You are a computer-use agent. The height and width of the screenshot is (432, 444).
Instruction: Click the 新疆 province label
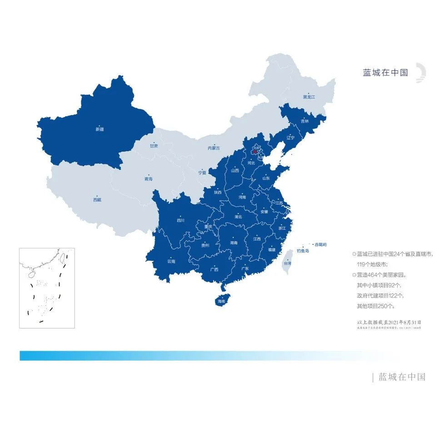pyautogui.click(x=100, y=129)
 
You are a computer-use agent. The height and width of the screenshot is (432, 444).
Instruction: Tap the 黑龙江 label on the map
pyautogui.click(x=309, y=97)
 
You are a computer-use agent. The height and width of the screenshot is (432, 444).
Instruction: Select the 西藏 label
pyautogui.click(x=97, y=199)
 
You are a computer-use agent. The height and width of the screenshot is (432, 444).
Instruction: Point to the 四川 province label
pyautogui.click(x=180, y=221)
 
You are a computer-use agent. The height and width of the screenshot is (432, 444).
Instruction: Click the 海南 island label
pyautogui.click(x=221, y=301)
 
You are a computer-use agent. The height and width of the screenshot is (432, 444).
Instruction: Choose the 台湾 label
pyautogui.click(x=287, y=263)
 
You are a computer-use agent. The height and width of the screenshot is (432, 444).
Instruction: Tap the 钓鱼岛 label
pyautogui.click(x=303, y=251)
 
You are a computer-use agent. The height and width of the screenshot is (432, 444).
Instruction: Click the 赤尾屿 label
pyautogui.click(x=321, y=244)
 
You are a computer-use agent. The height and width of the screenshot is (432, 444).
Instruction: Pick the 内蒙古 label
pyautogui.click(x=214, y=148)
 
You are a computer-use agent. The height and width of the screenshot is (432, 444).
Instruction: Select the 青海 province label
pyautogui.click(x=148, y=179)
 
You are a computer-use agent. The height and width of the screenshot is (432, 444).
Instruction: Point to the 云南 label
pyautogui.click(x=171, y=261)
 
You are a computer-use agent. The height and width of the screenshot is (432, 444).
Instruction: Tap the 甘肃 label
pyautogui.click(x=154, y=146)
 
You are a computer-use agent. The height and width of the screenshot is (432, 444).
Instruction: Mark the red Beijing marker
pyautogui.click(x=255, y=152)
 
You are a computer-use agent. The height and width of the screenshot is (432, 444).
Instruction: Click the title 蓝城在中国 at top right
pyautogui.click(x=385, y=73)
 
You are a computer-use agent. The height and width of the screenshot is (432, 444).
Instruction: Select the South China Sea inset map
pyautogui.click(x=47, y=288)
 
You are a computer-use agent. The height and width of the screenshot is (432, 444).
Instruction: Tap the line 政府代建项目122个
pyautogui.click(x=380, y=296)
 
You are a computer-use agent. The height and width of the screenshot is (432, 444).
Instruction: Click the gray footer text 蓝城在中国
pyautogui.click(x=402, y=377)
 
